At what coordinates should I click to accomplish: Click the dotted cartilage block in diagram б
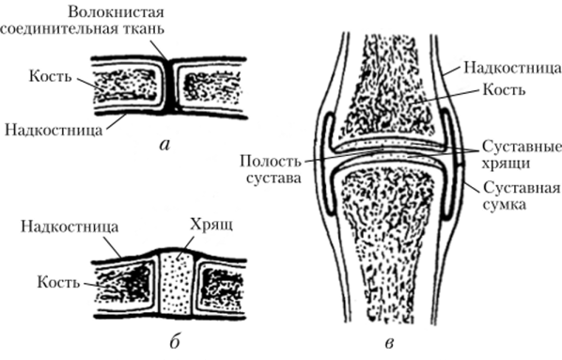coord(175,282)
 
